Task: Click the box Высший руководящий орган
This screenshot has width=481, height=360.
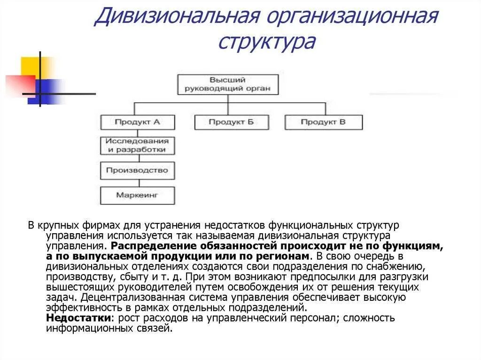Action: pos(228,84)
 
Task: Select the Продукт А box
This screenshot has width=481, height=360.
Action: pos(138,122)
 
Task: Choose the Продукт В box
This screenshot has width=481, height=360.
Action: pos(323,122)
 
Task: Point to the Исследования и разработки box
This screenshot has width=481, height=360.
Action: pos(138,146)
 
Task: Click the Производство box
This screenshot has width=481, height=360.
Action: pos(138,170)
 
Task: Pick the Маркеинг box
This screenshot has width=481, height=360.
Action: pos(138,195)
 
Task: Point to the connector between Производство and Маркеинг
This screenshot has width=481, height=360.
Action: pos(138,183)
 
